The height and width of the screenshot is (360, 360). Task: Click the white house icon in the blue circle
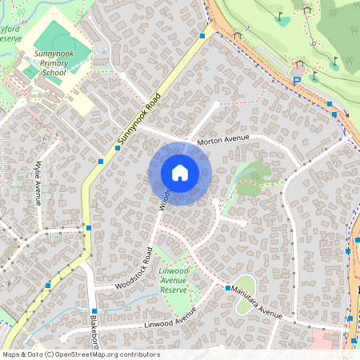click(x=180, y=173)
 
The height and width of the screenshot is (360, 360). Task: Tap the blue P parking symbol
click(x=297, y=80)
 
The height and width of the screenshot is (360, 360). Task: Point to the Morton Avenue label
click(x=223, y=139)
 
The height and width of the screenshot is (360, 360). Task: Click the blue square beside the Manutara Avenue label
click(x=228, y=288)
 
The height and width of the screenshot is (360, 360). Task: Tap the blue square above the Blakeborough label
click(x=94, y=310)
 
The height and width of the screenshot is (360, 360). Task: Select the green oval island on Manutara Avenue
click(x=245, y=284)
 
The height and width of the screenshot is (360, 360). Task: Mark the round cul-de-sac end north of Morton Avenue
click(x=216, y=104)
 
